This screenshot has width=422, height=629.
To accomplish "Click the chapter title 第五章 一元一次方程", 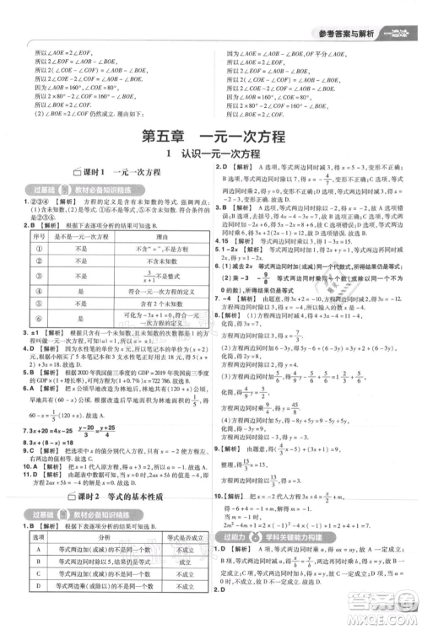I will coord(211,136).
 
